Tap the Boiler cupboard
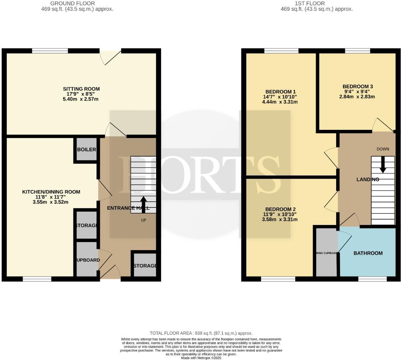(x=87, y=149)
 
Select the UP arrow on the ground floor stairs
(x=144, y=204)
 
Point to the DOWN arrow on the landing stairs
(x=382, y=165)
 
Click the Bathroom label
(x=368, y=253)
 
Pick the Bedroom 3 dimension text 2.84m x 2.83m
(x=357, y=97)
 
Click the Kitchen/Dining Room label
(x=51, y=192)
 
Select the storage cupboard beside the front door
(x=145, y=265)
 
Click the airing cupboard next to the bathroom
(x=326, y=253)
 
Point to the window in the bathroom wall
(x=373, y=279)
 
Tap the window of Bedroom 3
(x=357, y=51)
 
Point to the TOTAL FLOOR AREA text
(x=201, y=333)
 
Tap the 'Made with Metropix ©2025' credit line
(x=201, y=358)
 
